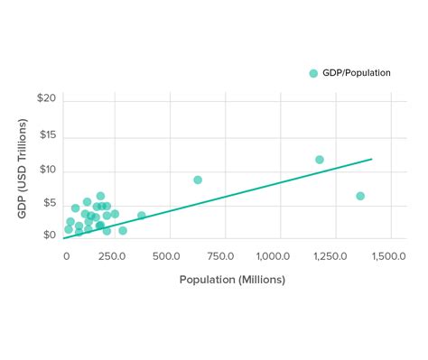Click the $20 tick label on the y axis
(48, 98)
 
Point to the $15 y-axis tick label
(48, 135)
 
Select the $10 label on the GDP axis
(48, 170)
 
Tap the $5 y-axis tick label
(51, 204)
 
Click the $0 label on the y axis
(51, 236)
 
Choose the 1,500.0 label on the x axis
(386, 256)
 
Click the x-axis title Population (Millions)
(232, 280)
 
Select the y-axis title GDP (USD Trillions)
(22, 168)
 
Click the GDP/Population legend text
(357, 73)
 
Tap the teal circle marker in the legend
(313, 73)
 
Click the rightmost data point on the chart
(360, 196)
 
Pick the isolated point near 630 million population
(198, 180)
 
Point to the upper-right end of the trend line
(372, 159)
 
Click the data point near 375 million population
(142, 216)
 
